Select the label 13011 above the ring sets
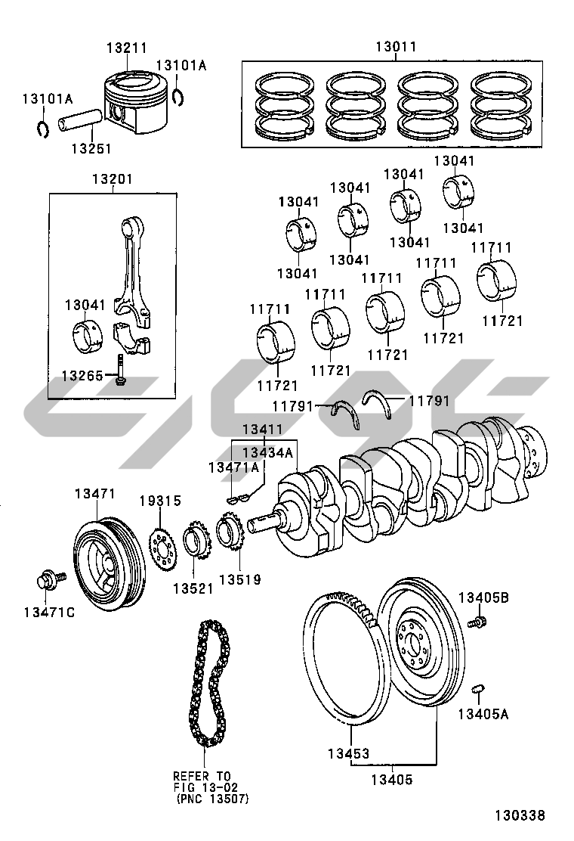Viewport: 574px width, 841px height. (x=396, y=47)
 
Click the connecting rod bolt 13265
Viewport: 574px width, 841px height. (x=120, y=371)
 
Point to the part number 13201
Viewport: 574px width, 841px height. (x=113, y=180)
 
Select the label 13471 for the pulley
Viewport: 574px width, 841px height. (x=94, y=494)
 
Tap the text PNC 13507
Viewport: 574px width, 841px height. (x=212, y=798)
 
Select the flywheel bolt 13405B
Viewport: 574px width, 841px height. (x=477, y=622)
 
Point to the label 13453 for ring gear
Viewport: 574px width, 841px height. (x=348, y=753)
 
